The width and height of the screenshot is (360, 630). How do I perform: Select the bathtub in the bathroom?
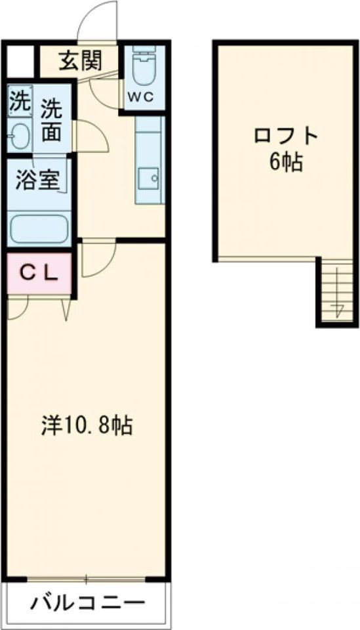40,228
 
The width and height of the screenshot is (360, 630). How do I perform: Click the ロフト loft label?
287,135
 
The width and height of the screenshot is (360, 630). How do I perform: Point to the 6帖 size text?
287,161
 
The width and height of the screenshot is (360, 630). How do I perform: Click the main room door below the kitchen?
99,259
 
